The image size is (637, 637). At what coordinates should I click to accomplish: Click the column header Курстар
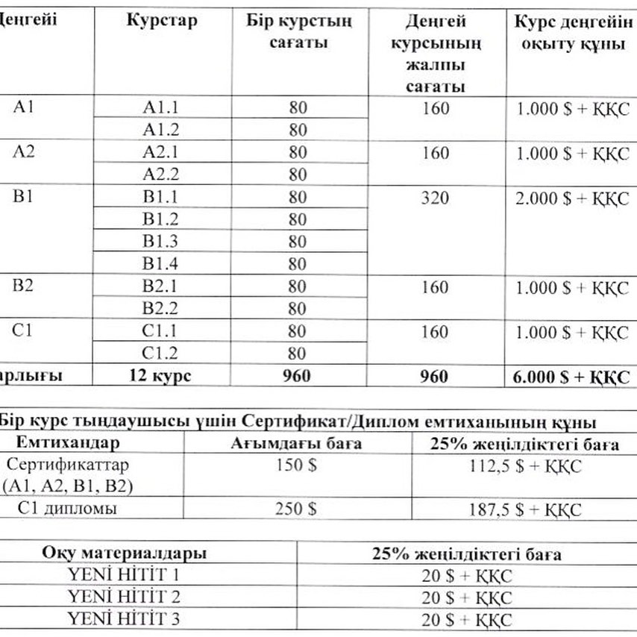point(162,21)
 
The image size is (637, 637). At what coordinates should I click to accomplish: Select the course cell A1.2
point(161,130)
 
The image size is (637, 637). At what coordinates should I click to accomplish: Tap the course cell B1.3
point(161,242)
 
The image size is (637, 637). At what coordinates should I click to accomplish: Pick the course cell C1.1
point(161,331)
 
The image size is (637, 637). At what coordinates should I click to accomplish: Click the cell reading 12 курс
point(161,376)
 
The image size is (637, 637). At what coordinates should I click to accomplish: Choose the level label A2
point(23,152)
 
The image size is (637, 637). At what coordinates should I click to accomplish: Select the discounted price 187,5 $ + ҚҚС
point(523,510)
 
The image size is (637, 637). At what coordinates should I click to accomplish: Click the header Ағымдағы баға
point(296,445)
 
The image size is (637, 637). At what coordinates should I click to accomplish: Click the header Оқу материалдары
point(124,553)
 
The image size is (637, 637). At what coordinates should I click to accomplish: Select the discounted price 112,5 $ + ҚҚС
point(523,466)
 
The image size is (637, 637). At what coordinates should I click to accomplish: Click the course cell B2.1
point(161,286)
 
